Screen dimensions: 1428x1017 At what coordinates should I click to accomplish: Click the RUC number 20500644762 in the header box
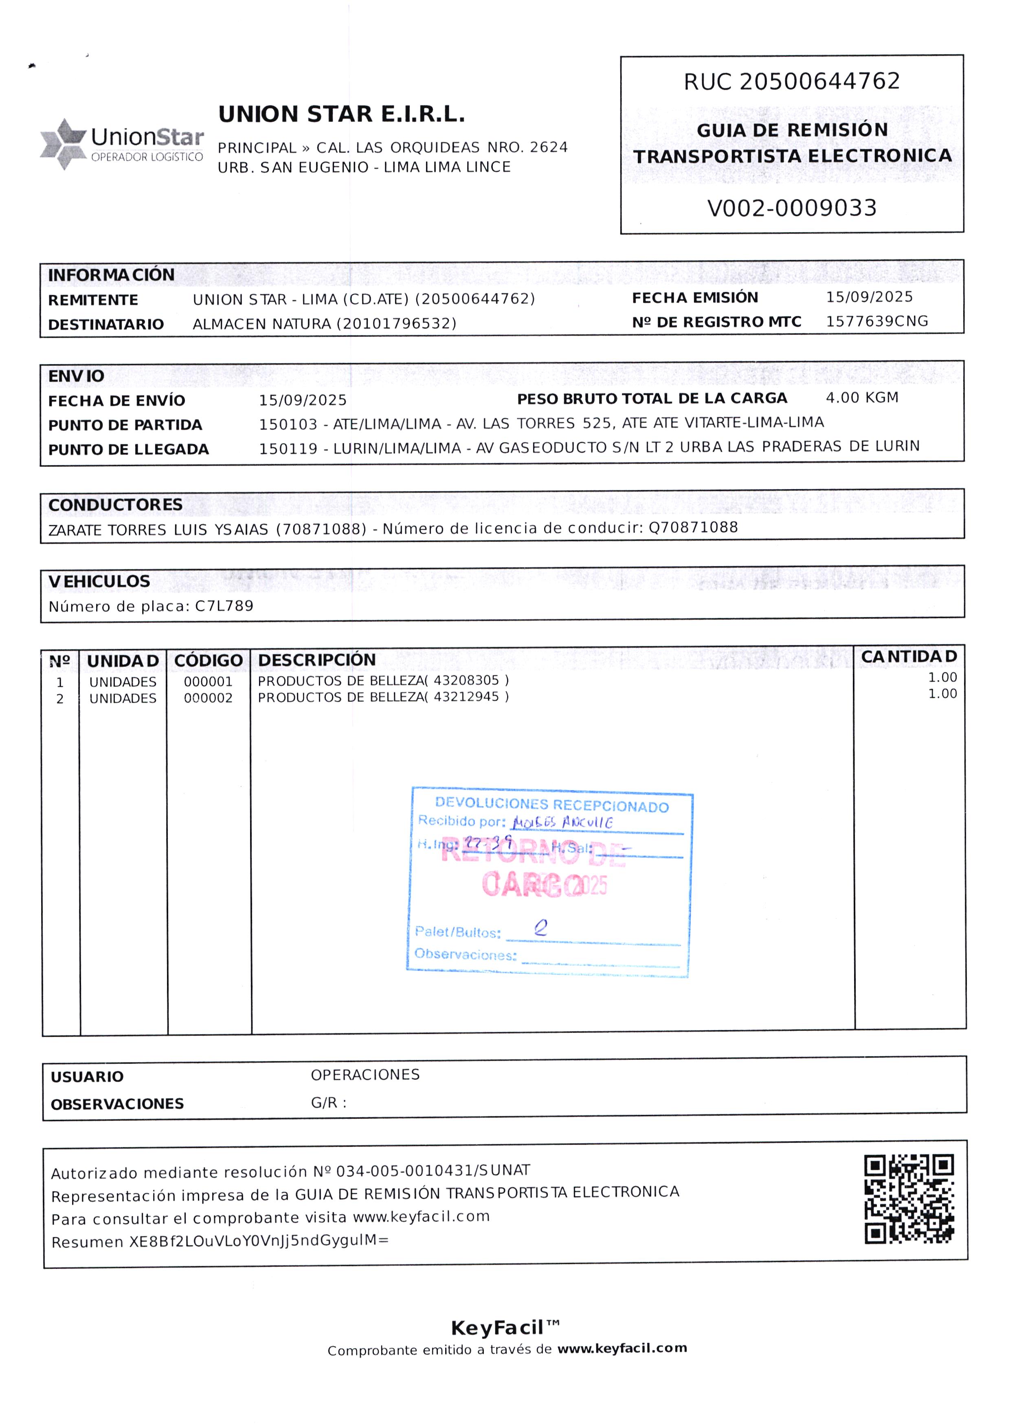[820, 81]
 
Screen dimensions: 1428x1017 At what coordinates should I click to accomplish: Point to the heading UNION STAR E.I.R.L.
[341, 114]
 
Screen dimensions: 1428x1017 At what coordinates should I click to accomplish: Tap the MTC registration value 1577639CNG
[877, 321]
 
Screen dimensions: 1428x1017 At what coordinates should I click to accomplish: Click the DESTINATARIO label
[106, 325]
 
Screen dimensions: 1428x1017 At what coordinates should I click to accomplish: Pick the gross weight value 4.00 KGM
[862, 398]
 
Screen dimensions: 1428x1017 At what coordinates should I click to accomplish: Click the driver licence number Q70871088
[693, 527]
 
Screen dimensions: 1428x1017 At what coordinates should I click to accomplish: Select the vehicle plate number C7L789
[224, 606]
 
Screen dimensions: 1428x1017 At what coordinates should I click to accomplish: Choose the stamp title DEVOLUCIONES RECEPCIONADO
[552, 805]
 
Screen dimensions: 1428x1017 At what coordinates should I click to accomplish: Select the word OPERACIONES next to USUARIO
[365, 1075]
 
